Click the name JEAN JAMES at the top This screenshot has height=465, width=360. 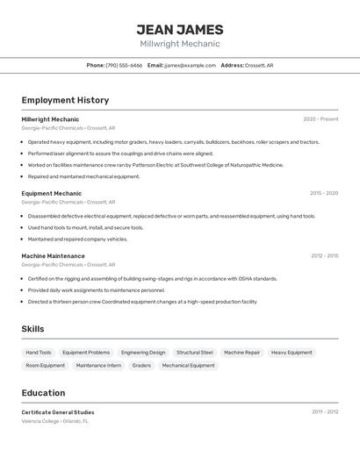tap(180, 29)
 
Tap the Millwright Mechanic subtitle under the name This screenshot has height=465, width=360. tap(180, 44)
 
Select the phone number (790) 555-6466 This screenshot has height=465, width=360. tap(124, 65)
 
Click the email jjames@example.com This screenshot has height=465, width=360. tap(191, 65)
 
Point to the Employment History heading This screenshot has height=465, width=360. tap(65, 100)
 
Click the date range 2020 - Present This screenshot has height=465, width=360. tap(320, 119)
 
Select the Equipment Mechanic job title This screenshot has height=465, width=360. tap(52, 194)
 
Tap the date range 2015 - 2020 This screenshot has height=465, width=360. tap(324, 193)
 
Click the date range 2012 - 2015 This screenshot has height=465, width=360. tap(324, 256)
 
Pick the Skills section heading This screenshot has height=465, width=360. tap(33, 329)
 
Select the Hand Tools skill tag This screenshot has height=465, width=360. tap(39, 353)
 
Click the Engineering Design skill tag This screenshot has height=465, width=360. tap(143, 353)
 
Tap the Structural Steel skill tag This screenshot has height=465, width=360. tap(195, 353)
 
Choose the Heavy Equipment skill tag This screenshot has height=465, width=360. tap(292, 353)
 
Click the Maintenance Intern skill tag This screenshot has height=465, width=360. tap(98, 365)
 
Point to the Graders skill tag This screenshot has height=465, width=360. tap(141, 365)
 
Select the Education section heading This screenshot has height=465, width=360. tap(43, 393)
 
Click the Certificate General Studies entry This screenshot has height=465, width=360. tap(58, 412)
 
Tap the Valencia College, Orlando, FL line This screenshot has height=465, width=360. tap(55, 421)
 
